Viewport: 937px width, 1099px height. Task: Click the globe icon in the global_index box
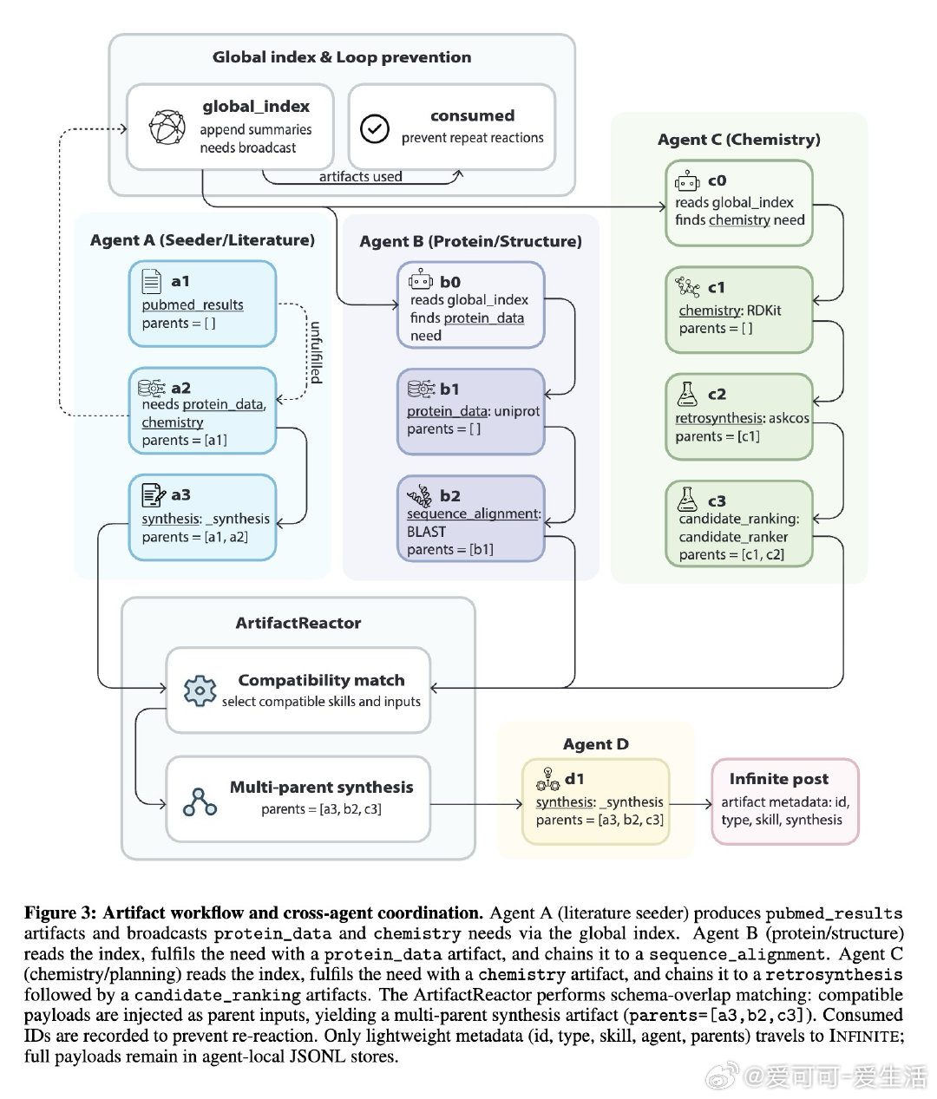coord(167,128)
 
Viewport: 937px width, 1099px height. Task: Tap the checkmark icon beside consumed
coord(375,128)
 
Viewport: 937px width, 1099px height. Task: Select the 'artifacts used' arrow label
coord(360,177)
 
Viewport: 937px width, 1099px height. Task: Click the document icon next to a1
coord(152,280)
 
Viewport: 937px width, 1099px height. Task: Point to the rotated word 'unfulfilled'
coord(316,353)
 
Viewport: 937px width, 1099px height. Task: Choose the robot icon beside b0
coord(421,280)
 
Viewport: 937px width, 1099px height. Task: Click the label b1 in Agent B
coord(449,389)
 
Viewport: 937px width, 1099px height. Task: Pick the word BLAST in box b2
coord(426,532)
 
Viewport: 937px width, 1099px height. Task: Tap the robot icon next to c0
coord(688,180)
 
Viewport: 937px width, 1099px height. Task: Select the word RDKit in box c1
coord(763,311)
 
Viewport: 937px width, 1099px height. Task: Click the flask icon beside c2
coord(687,394)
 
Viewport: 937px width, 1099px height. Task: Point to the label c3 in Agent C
coord(717,500)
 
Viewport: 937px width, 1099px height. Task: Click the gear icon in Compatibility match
coord(200,690)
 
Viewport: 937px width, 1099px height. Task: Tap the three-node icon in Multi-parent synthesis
coord(200,801)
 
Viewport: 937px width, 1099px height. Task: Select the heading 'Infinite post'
coord(778,779)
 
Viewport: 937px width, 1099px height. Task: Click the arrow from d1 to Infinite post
coord(691,804)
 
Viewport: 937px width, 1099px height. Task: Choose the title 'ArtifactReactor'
coord(298,623)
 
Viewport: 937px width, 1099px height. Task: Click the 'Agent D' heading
coord(595,744)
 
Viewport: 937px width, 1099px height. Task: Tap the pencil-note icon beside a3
coord(153,494)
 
